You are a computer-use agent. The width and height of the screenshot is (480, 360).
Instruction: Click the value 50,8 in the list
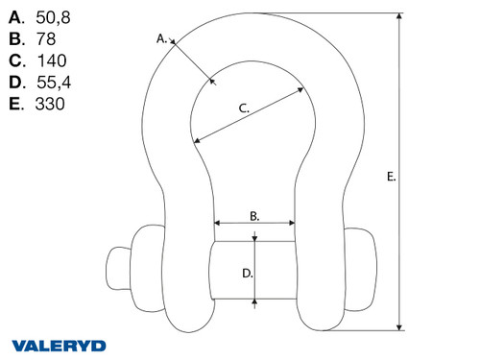pyautogui.click(x=52, y=17)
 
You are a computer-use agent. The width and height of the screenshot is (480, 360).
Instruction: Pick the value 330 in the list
pyautogui.click(x=50, y=103)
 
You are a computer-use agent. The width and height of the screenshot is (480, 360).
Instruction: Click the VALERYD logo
pyautogui.click(x=59, y=344)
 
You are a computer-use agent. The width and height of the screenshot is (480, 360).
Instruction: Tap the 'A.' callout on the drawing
pyautogui.click(x=162, y=38)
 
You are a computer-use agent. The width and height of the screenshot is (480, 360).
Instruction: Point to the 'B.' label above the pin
pyautogui.click(x=254, y=217)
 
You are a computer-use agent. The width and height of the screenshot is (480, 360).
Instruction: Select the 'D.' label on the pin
pyautogui.click(x=247, y=273)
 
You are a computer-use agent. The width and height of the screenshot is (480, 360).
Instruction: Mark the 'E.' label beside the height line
pyautogui.click(x=390, y=177)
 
